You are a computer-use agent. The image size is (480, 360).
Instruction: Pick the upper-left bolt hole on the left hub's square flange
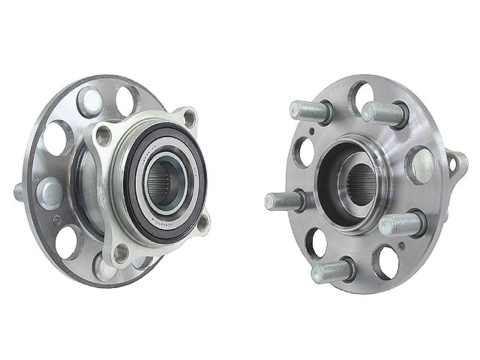click(104, 136)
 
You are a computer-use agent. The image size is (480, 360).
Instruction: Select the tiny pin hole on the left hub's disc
click(58, 220)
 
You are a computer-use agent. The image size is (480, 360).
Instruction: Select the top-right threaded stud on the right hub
click(384, 112)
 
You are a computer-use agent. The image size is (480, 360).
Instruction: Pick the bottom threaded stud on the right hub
click(331, 270)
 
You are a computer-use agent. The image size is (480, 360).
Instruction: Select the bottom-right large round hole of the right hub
click(388, 260)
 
